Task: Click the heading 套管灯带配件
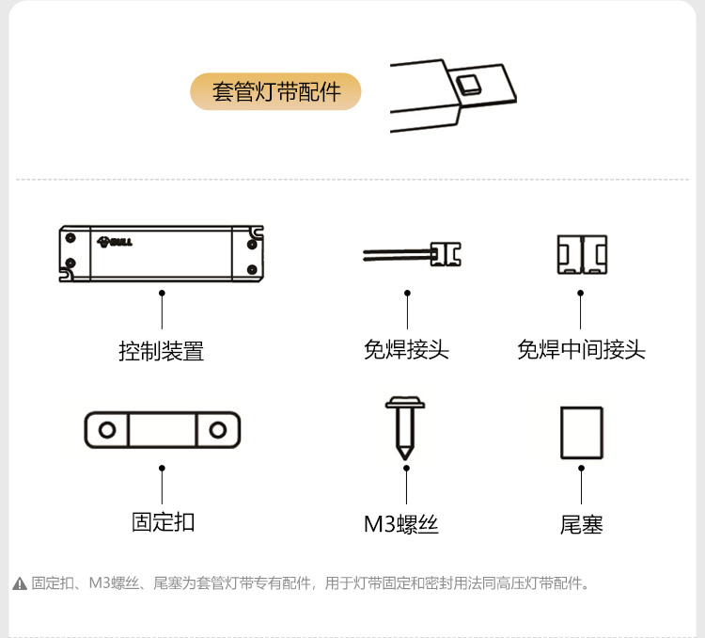click(275, 92)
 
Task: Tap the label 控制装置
click(161, 352)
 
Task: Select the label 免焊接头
click(406, 350)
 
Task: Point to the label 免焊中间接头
click(581, 350)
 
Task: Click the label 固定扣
click(163, 521)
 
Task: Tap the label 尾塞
click(581, 524)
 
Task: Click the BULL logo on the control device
click(115, 242)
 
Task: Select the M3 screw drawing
click(405, 427)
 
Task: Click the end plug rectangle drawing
click(581, 433)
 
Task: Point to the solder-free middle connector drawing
click(582, 254)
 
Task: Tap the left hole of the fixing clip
click(108, 431)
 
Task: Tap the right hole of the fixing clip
click(218, 431)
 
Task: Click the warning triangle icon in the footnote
click(20, 584)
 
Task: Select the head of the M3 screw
click(405, 406)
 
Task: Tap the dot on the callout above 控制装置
click(162, 294)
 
